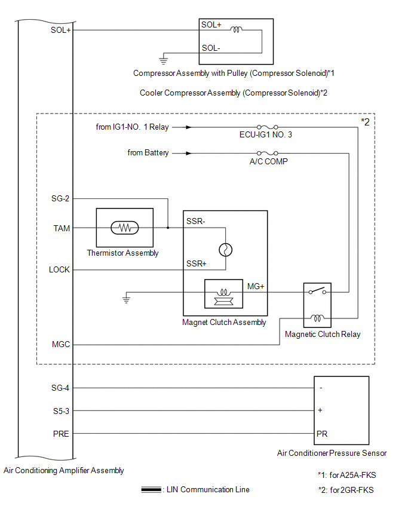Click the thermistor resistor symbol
[x=125, y=228]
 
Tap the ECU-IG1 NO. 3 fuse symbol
[x=267, y=127]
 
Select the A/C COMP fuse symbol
[x=267, y=153]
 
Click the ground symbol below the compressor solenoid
[x=163, y=60]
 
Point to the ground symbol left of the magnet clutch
[x=126, y=299]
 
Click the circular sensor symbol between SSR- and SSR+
[x=226, y=250]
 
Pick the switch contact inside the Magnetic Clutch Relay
[x=317, y=290]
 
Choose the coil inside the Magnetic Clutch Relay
[x=317, y=318]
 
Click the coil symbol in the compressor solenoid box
[x=237, y=29]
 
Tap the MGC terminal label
[x=61, y=344]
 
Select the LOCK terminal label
[x=59, y=269]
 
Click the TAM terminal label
[x=62, y=228]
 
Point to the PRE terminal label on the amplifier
[x=61, y=434]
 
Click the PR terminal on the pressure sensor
[x=322, y=434]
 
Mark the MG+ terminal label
[x=256, y=286]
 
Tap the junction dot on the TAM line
[x=168, y=228]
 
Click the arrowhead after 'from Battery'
[x=189, y=153]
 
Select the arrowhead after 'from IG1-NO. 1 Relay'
[x=189, y=127]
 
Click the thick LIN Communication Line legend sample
[x=151, y=489]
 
